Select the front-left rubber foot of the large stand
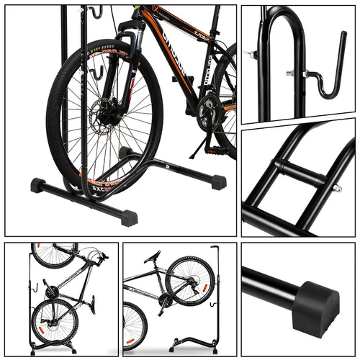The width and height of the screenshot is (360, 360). coord(37,185)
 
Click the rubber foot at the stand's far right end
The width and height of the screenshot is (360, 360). coord(218,182)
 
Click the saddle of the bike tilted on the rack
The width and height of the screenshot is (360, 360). coord(152,257)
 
